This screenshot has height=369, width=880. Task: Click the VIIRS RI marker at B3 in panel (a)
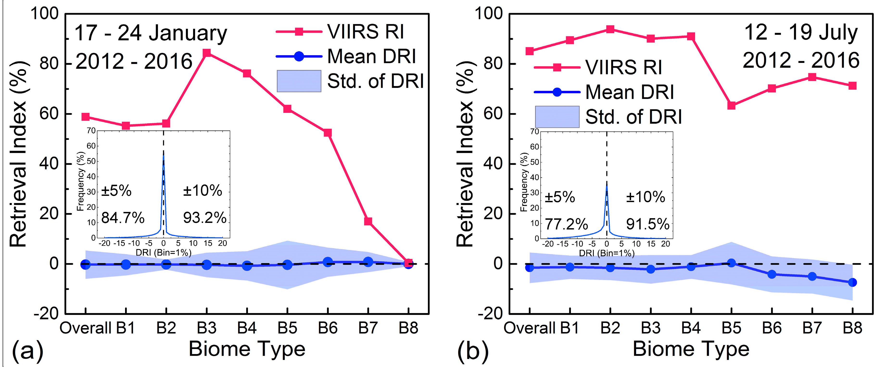(x=206, y=53)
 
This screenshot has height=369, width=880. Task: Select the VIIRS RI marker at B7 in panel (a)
(x=368, y=221)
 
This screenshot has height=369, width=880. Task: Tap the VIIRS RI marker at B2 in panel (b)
(x=610, y=29)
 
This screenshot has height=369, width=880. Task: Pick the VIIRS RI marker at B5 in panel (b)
(x=731, y=105)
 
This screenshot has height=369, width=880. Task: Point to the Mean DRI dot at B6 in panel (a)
(x=328, y=262)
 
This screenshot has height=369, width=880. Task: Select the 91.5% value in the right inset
(x=648, y=224)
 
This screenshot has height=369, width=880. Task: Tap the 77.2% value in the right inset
(x=566, y=224)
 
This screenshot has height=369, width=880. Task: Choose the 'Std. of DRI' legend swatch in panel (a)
(x=299, y=81)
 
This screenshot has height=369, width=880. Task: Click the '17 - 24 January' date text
(x=151, y=33)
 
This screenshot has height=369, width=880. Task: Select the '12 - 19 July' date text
(x=801, y=33)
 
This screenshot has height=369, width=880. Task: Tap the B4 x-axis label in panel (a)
(x=247, y=328)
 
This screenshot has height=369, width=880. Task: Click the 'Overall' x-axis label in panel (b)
(x=530, y=328)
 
